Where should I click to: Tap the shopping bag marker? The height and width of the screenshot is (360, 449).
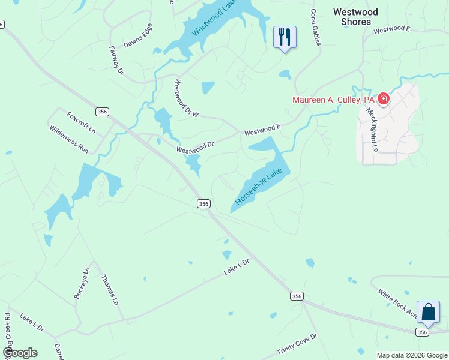pos(428,313)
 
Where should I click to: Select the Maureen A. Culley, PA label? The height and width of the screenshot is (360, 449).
pos(333,100)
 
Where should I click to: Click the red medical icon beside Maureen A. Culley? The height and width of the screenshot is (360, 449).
pos(383,99)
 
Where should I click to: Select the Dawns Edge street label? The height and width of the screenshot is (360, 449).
pos(137,35)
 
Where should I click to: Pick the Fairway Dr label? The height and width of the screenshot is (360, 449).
pos(116,61)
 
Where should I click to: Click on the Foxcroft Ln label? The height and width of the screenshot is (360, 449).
pos(81,122)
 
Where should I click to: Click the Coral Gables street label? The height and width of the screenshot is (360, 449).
pos(315,26)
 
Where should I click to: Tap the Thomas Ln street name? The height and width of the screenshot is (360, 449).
pos(110,290)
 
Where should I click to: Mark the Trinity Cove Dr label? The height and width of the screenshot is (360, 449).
pos(297,344)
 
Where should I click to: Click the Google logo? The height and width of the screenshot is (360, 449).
pos(20,353)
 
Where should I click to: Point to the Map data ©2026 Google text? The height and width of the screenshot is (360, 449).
pos(412,355)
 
